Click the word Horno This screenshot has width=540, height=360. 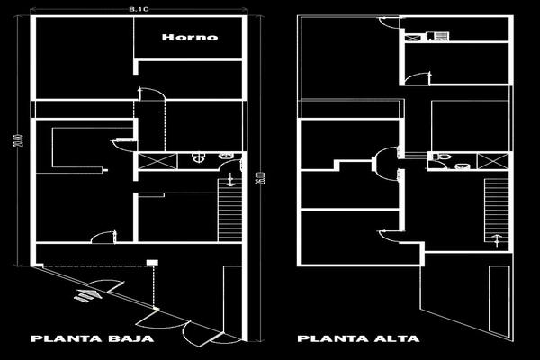click(190, 38)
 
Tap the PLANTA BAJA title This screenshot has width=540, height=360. click(92, 340)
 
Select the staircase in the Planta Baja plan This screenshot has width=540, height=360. click(230, 209)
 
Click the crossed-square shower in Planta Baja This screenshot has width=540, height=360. click(149, 161)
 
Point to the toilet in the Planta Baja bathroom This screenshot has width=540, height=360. click(199, 158)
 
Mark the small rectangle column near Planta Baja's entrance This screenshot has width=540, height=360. click(152, 262)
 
